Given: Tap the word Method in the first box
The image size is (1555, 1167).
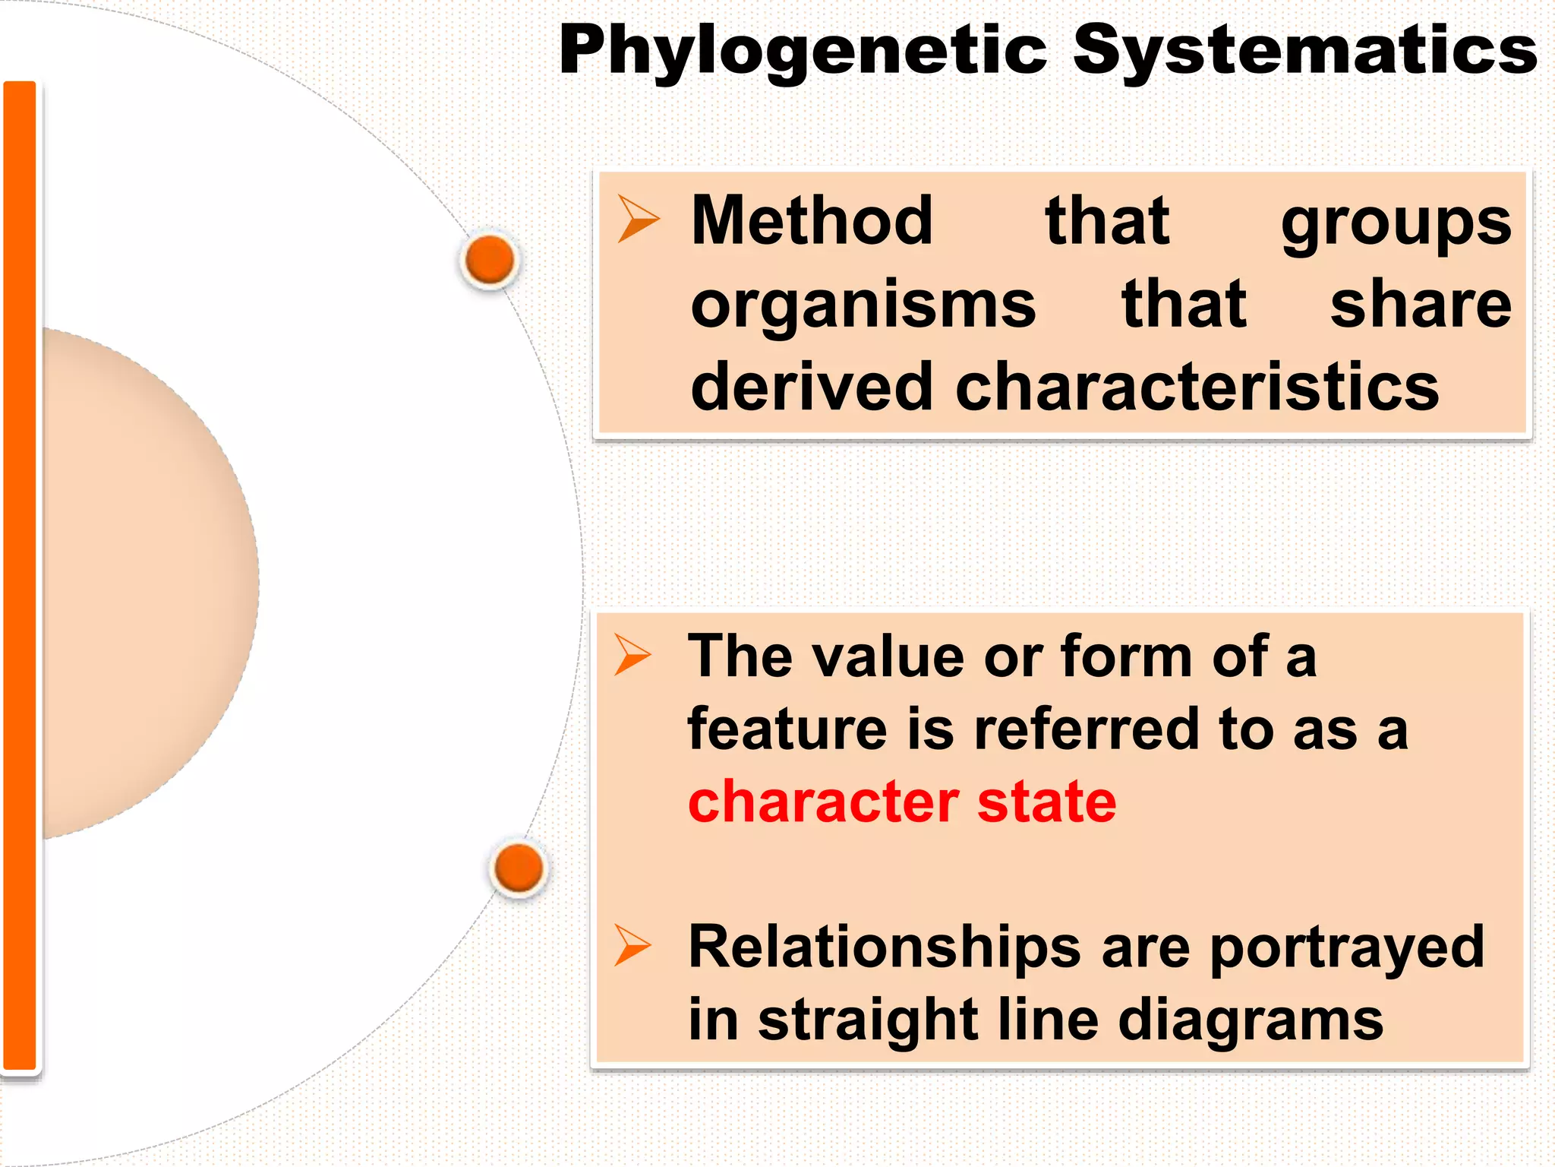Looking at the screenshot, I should click(x=812, y=221).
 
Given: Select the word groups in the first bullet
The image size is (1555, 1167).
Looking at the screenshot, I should click(x=1396, y=224).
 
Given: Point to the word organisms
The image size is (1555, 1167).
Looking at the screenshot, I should click(x=863, y=305).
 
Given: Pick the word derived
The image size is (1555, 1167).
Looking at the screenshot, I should click(x=811, y=387).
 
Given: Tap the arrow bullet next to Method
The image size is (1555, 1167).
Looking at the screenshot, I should click(x=638, y=219).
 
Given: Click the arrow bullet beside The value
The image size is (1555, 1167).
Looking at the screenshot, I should click(x=632, y=654).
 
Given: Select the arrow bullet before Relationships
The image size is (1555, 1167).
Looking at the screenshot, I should click(x=632, y=945).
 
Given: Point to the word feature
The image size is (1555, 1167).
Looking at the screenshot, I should click(x=787, y=729).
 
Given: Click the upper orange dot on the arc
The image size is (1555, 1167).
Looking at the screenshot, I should click(x=490, y=260).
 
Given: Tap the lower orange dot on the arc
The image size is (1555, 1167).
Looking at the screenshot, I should click(x=519, y=868).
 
